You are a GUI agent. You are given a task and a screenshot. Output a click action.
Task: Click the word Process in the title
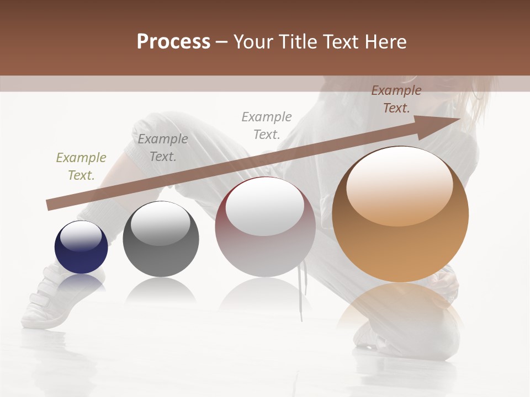tap(173, 42)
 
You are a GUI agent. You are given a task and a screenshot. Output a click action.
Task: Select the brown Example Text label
tap(396, 99)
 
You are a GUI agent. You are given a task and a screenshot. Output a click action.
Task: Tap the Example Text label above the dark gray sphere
tap(163, 148)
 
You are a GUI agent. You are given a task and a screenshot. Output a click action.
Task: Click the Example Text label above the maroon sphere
tap(267, 126)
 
